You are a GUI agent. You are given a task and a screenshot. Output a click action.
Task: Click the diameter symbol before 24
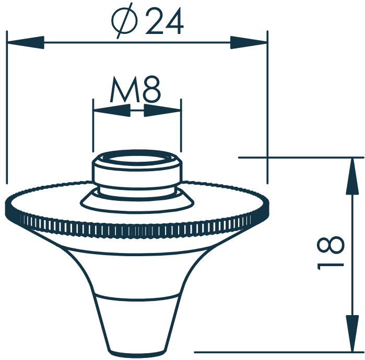125,22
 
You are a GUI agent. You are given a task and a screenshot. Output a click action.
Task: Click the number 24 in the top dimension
164,22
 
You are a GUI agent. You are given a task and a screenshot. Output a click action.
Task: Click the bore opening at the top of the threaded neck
137,159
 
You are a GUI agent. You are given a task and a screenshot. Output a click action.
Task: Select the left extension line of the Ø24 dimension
7,104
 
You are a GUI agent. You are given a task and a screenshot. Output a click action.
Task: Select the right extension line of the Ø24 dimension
267,104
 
